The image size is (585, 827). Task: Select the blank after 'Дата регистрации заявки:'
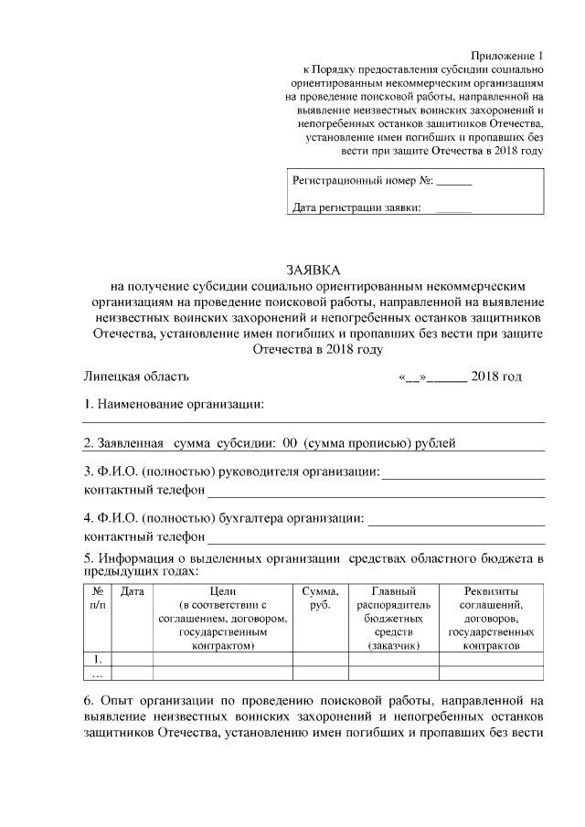[x=453, y=209]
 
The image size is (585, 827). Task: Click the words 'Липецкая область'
[x=136, y=376]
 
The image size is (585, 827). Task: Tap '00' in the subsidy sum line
[x=292, y=443]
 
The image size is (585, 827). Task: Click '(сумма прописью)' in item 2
[x=360, y=443]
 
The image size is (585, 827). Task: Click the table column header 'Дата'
[x=133, y=591]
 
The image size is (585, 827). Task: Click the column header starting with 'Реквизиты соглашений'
[x=491, y=618]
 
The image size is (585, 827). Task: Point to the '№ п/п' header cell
[x=98, y=598]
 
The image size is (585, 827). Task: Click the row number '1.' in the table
[x=98, y=659]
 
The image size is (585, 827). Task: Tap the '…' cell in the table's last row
[x=98, y=673]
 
